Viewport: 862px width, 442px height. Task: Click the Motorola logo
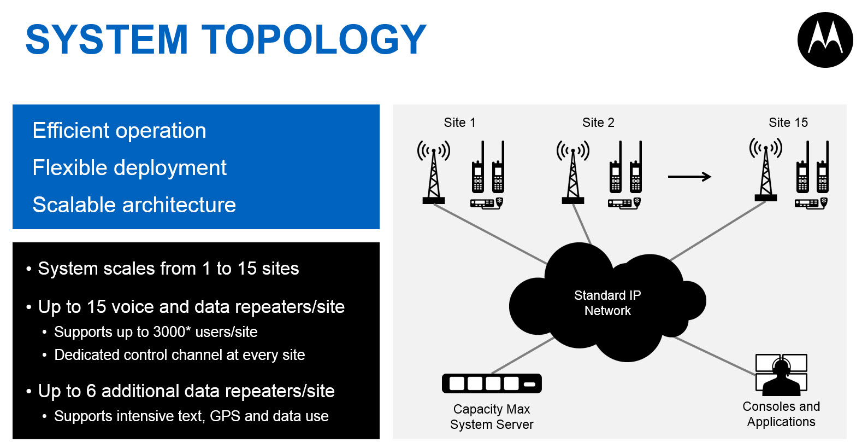[825, 40]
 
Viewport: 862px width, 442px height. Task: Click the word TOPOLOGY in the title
[314, 39]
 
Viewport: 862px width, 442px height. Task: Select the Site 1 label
[459, 123]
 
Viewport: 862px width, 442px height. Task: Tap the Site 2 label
[598, 123]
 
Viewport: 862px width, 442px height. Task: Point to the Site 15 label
[788, 123]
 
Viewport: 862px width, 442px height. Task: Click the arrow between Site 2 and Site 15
[689, 176]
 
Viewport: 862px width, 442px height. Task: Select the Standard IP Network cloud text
[607, 303]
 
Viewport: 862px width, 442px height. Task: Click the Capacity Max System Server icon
[492, 383]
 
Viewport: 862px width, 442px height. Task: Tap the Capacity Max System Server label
[492, 417]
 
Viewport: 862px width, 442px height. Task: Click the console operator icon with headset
[781, 375]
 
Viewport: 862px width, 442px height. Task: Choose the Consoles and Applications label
[781, 414]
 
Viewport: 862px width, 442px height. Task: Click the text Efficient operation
[119, 131]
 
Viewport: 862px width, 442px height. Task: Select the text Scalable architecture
[134, 205]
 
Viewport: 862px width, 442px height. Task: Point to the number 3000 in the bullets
[169, 332]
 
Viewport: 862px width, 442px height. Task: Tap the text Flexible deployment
[129, 168]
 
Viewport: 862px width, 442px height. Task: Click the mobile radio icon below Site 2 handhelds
[623, 203]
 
